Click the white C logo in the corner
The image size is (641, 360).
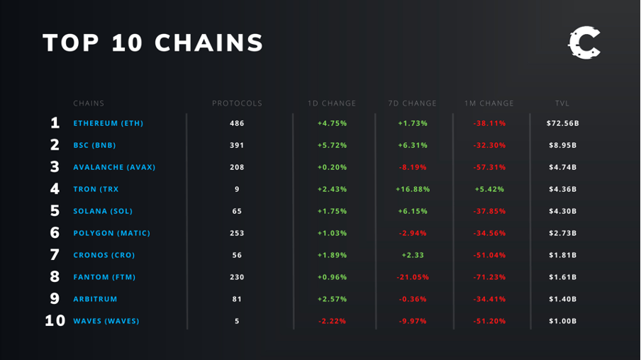tap(584, 43)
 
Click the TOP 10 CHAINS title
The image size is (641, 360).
tap(153, 43)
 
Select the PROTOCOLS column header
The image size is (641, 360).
tap(237, 103)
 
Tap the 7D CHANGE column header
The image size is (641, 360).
tap(412, 103)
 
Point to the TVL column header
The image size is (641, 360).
tap(562, 103)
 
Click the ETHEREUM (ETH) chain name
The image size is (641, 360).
tap(108, 123)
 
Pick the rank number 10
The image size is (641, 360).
tap(55, 321)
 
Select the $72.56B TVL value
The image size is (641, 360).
tap(562, 123)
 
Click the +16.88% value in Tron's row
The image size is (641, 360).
tap(412, 189)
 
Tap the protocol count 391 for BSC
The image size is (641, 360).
tap(237, 145)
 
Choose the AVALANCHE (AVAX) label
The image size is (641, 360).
tap(114, 167)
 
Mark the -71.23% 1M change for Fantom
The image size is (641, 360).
tap(489, 277)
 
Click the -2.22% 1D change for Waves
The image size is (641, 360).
tap(332, 321)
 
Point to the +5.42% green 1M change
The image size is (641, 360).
tap(489, 189)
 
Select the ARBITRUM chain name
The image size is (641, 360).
tap(95, 299)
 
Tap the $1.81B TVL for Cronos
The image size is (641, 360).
tap(562, 255)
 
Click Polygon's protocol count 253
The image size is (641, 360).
tap(237, 233)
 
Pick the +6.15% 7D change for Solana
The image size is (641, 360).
tap(412, 211)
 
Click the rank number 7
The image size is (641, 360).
tap(55, 255)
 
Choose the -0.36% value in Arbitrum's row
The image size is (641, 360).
tap(412, 299)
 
